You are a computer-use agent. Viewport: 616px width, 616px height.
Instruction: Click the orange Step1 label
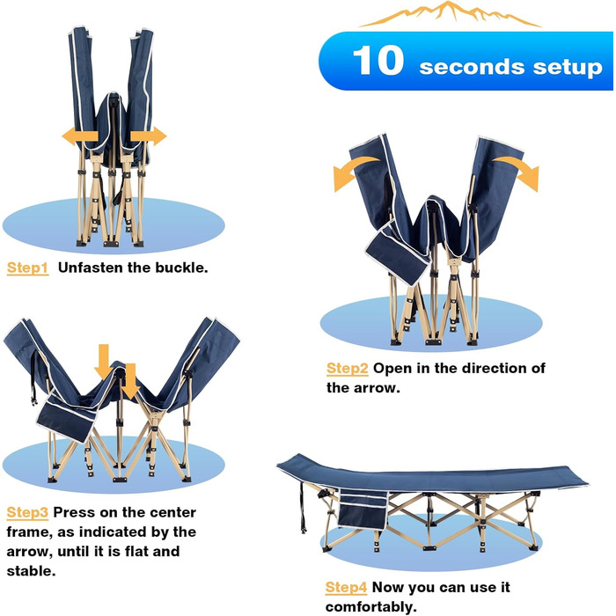[28, 268]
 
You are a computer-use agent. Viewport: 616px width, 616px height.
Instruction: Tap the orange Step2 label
[348, 369]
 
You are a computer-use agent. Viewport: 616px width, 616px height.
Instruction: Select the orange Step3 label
[27, 513]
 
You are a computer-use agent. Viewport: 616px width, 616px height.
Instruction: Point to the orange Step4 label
[346, 588]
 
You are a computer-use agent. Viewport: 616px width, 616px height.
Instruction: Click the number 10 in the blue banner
[378, 60]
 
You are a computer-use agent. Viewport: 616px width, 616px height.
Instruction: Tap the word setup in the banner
[568, 67]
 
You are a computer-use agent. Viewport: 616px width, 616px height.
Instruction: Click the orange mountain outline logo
[451, 14]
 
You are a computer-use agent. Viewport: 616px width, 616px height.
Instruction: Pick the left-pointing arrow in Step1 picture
[80, 136]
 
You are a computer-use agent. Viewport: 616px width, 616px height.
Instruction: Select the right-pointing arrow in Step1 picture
[149, 136]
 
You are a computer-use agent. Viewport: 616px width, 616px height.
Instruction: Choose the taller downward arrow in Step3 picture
[104, 362]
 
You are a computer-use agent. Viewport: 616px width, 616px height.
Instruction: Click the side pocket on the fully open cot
[363, 510]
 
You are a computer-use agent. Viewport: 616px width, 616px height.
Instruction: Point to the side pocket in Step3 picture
[67, 417]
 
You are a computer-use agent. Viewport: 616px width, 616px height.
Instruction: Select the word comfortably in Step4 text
[370, 607]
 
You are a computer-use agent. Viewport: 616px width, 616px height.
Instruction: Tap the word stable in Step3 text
[31, 571]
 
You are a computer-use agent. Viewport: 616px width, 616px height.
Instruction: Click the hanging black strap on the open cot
[302, 508]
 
